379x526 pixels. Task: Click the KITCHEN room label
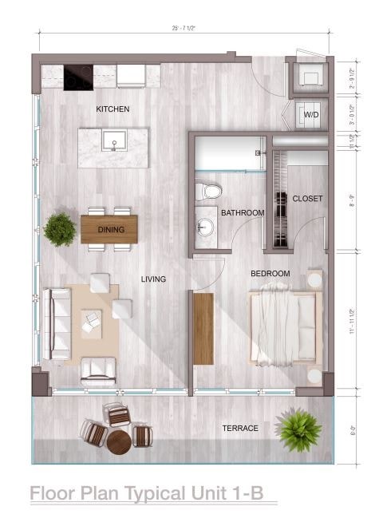pos(113,109)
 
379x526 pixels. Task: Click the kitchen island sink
pos(113,144)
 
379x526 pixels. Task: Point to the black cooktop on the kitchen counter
pos(77,77)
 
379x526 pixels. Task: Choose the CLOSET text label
pos(306,198)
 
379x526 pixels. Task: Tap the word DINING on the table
pos(110,230)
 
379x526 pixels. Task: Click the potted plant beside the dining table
pos(60,229)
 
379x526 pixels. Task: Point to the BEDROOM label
pos(270,274)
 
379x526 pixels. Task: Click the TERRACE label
pos(239,429)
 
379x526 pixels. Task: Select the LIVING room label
pos(153,279)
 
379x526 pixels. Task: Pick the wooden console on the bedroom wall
pos(203,329)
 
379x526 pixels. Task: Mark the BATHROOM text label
pos(243,213)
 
